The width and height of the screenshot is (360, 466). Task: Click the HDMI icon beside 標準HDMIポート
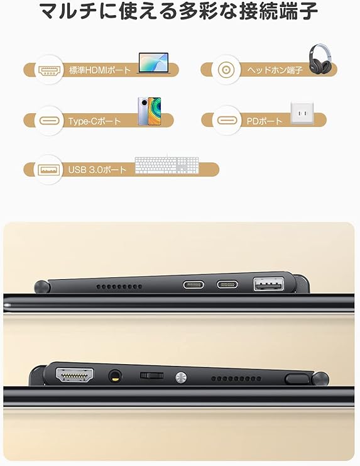(x=48, y=69)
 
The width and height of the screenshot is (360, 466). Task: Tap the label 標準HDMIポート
(x=100, y=70)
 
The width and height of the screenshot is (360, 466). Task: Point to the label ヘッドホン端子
(x=275, y=70)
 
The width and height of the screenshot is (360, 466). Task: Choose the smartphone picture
(x=150, y=111)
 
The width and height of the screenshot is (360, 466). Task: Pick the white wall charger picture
(x=302, y=114)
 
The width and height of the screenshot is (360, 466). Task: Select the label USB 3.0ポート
(x=97, y=170)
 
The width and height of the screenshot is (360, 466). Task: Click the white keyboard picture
(x=166, y=165)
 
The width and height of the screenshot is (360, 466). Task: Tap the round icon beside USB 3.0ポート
(x=48, y=170)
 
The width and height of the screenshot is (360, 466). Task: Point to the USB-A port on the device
(x=268, y=285)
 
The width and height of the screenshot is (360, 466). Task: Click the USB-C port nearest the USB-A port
(x=227, y=284)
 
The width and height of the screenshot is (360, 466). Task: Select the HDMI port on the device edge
(x=75, y=377)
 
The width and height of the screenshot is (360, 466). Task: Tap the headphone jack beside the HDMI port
(x=115, y=377)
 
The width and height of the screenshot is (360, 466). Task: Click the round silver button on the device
(x=181, y=377)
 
